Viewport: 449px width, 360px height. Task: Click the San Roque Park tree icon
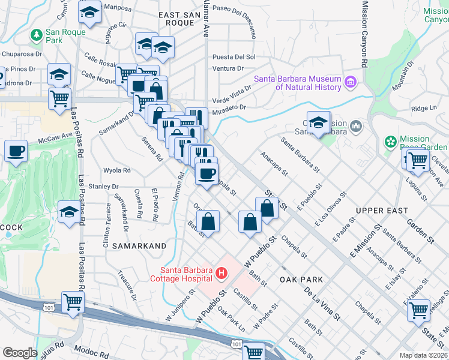click(x=37, y=35)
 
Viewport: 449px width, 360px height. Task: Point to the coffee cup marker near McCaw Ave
click(x=16, y=151)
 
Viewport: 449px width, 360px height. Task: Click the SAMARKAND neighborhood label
click(x=139, y=247)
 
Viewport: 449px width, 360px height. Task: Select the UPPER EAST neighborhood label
click(x=381, y=211)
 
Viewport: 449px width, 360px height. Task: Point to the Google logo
click(x=20, y=353)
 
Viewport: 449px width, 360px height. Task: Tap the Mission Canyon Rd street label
click(x=364, y=33)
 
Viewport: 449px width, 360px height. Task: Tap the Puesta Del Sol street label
click(x=234, y=57)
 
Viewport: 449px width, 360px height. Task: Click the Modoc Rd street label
click(x=89, y=349)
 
